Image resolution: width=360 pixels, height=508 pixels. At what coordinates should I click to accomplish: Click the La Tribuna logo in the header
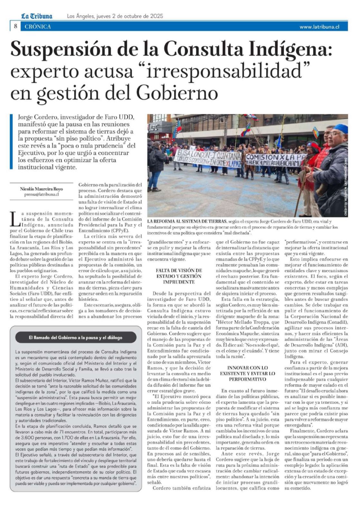point(37,16)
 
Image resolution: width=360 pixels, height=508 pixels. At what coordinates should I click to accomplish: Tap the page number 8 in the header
point(15,26)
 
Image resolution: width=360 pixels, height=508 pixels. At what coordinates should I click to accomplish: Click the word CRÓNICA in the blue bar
point(38,27)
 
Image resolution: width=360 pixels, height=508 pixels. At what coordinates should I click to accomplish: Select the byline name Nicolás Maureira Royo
point(42,189)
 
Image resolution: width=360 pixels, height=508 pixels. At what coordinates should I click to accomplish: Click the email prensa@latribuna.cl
point(42,194)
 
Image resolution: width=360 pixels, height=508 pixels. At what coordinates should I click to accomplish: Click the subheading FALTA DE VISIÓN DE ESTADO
point(179,276)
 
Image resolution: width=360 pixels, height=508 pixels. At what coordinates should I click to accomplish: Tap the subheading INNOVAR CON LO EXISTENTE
point(247,373)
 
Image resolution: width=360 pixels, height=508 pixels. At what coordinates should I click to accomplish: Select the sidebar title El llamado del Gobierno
point(75,337)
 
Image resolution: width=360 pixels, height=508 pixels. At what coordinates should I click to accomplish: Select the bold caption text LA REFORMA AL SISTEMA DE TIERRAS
point(187,221)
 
